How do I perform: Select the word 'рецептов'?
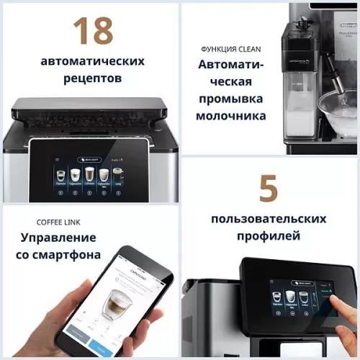[x=92, y=78]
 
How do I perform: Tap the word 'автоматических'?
[x=92, y=60]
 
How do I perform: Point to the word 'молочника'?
[x=232, y=116]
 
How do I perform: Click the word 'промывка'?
[x=232, y=99]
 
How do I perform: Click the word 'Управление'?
[x=58, y=238]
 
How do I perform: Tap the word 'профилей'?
[x=268, y=235]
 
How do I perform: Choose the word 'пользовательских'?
[x=268, y=218]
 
